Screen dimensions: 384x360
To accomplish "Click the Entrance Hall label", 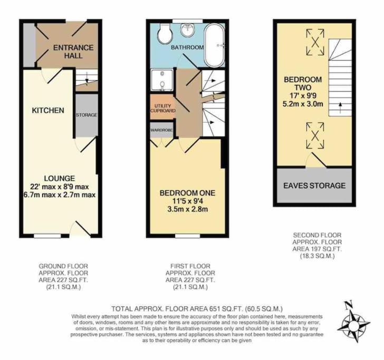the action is pos(73,52).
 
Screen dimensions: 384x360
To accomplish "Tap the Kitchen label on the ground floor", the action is pos(48,110).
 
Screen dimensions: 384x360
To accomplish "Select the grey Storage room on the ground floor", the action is pos(87,115).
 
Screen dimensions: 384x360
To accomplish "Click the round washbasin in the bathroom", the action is pos(188,30).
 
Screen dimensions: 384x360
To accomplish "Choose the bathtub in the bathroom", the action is pos(215,45).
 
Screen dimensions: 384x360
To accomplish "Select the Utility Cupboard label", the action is pos(163,108).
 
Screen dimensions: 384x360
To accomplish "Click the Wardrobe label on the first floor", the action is pos(161,130).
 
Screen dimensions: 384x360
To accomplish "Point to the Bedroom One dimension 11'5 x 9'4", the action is pos(187,201).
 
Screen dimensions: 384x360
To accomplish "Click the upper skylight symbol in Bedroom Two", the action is pos(315,42).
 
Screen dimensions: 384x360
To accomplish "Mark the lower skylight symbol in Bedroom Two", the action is pos(315,135).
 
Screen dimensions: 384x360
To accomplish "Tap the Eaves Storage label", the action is pos(314,186).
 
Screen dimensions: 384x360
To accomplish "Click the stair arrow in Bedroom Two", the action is pos(340,108).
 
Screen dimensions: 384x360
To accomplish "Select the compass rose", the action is pos(353,326).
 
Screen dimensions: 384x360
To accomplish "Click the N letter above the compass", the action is pos(348,305).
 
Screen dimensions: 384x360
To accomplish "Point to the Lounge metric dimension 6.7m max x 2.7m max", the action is pos(60,195).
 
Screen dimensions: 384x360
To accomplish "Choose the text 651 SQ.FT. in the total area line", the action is pos(225,308).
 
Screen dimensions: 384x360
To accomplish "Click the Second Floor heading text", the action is pos(317,235).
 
